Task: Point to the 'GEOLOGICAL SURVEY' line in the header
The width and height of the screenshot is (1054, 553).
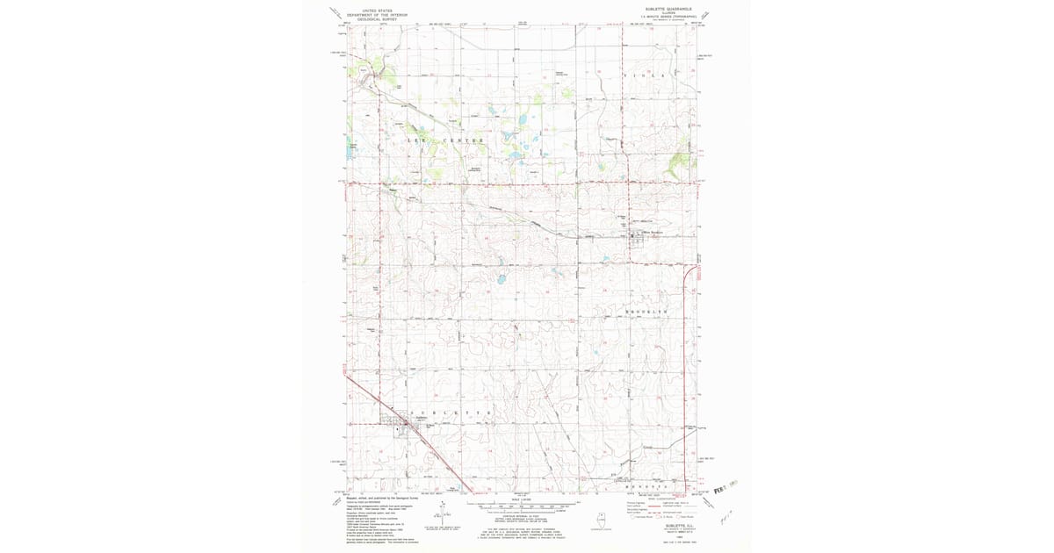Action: [378, 18]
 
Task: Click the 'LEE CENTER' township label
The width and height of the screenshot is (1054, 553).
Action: [445, 141]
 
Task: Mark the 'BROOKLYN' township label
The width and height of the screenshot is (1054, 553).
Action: [646, 312]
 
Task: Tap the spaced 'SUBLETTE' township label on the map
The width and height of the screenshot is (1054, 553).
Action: [449, 412]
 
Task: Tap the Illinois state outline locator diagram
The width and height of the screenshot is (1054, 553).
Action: [602, 518]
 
